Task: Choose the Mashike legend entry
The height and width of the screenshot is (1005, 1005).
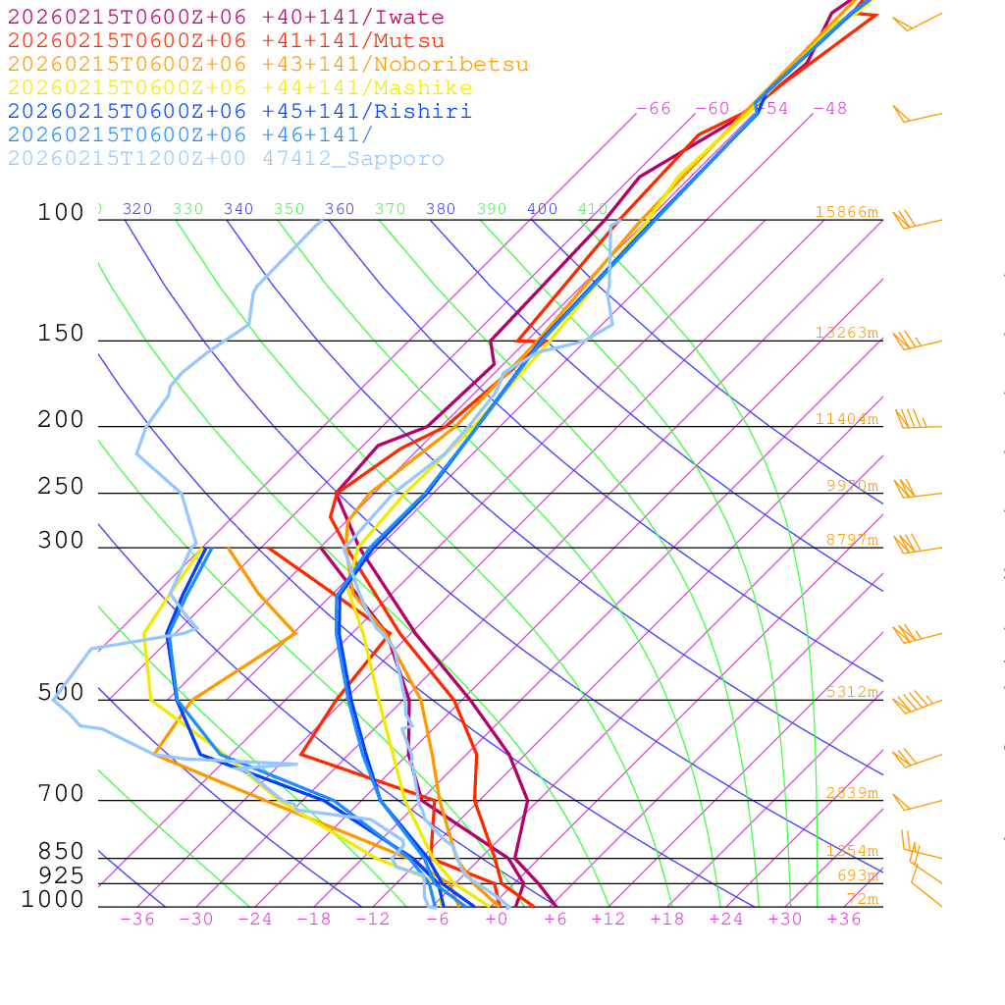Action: (x=240, y=88)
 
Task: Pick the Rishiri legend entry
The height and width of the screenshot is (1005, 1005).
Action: (x=240, y=112)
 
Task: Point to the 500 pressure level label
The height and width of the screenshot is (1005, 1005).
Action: (x=61, y=693)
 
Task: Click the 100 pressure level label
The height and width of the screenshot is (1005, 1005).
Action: (x=61, y=213)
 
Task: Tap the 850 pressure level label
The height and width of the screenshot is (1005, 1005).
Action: (x=61, y=852)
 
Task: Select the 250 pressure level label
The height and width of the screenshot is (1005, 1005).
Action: (x=61, y=487)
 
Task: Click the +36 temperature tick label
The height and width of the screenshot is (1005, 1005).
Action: (x=844, y=919)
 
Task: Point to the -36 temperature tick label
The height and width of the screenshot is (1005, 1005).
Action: (x=137, y=919)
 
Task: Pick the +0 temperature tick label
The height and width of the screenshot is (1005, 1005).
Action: (x=497, y=919)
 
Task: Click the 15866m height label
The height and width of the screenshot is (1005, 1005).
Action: (x=846, y=212)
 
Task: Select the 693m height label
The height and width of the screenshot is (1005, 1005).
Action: (x=857, y=875)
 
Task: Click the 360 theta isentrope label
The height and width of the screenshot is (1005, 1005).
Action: (x=340, y=209)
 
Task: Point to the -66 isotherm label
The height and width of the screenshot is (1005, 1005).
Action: (x=654, y=109)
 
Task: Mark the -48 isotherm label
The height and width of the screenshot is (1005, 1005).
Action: (x=830, y=109)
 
